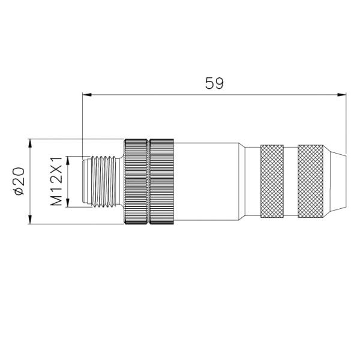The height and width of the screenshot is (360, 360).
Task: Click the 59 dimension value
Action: (214, 83)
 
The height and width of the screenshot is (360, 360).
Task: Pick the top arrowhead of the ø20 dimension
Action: (30, 144)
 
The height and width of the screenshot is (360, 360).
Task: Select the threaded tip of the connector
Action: (102, 182)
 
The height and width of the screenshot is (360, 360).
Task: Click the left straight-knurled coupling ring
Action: (136, 182)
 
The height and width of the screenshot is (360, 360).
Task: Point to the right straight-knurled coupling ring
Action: (161, 182)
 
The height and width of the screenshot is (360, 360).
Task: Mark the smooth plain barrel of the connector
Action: (207, 182)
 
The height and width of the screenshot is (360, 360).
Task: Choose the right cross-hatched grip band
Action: (311, 181)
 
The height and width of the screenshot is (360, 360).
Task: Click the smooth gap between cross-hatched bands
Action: (291, 181)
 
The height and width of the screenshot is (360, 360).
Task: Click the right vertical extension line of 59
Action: (346, 123)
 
